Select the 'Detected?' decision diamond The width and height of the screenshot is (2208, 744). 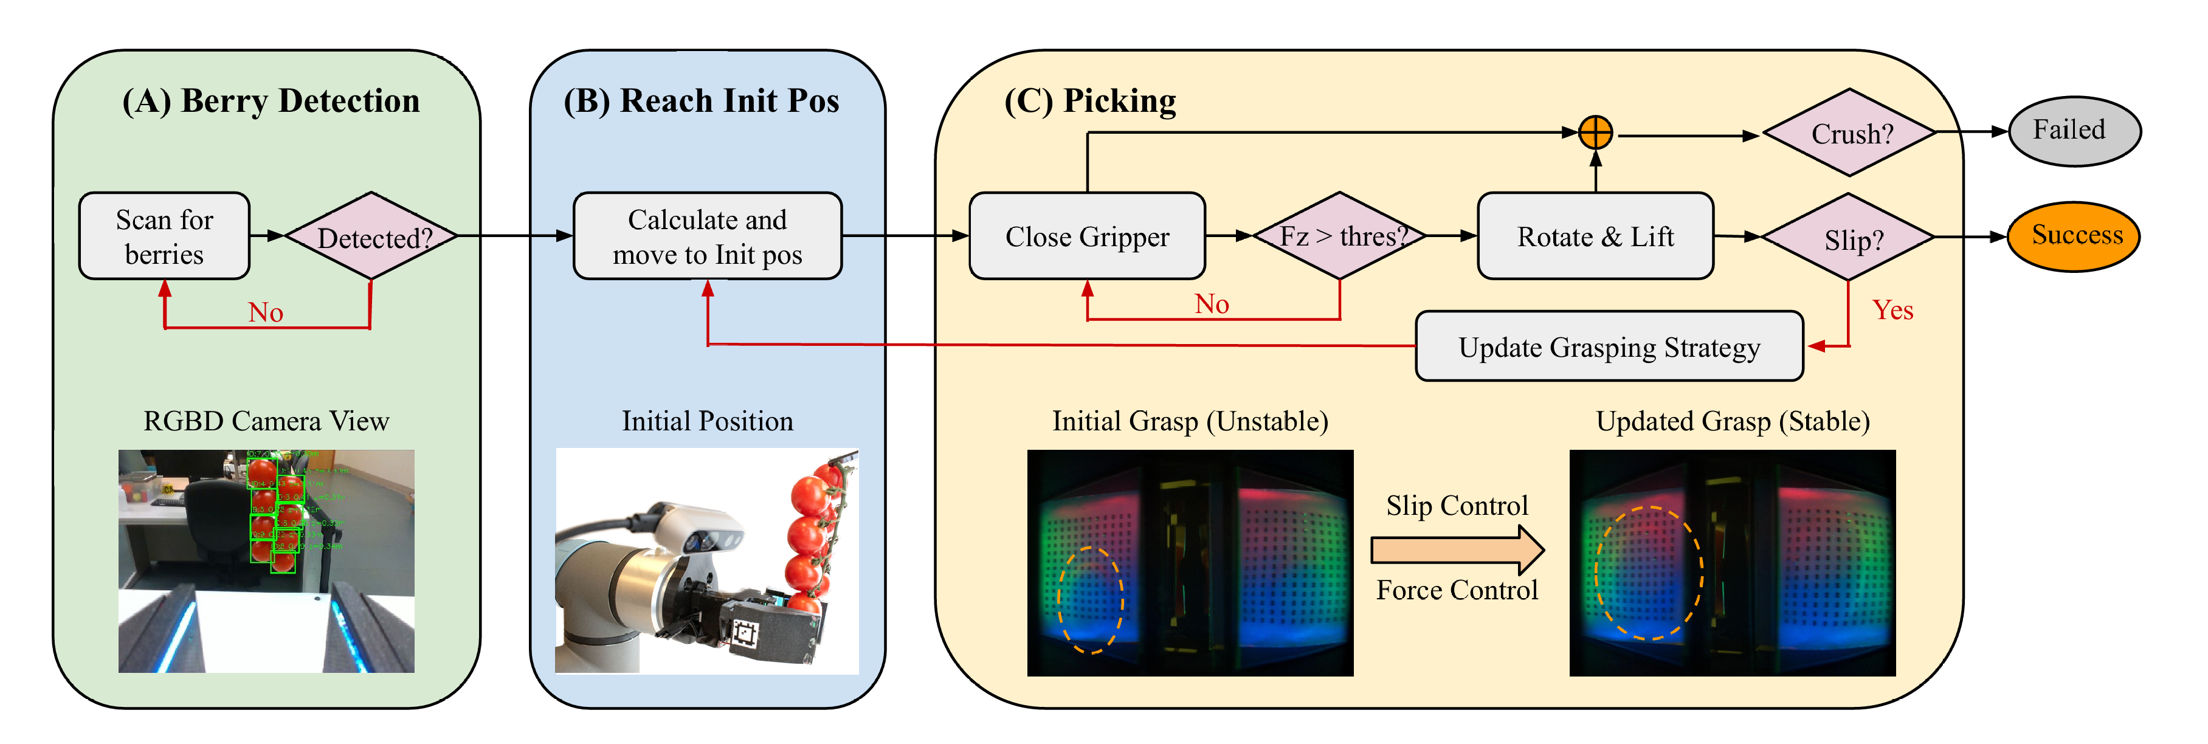[371, 236]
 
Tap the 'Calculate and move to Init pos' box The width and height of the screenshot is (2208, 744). [707, 236]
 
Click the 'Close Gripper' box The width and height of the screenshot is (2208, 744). [1087, 236]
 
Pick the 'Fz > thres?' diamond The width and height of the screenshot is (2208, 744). [1340, 236]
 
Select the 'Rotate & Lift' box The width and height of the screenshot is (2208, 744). [1595, 236]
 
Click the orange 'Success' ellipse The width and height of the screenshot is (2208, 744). [2074, 236]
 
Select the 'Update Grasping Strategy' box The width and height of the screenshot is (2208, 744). [1609, 347]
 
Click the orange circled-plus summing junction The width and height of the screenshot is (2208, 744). [1595, 133]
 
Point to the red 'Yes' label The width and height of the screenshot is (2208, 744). [1892, 309]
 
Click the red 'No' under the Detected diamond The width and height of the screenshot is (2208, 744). [266, 312]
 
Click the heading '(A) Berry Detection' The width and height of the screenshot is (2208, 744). [271, 101]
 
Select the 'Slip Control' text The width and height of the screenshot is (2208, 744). [1457, 506]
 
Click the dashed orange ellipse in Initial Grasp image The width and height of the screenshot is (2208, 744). [1089, 600]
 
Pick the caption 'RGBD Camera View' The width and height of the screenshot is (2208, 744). [266, 421]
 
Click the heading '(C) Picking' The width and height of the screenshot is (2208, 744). [1090, 101]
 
